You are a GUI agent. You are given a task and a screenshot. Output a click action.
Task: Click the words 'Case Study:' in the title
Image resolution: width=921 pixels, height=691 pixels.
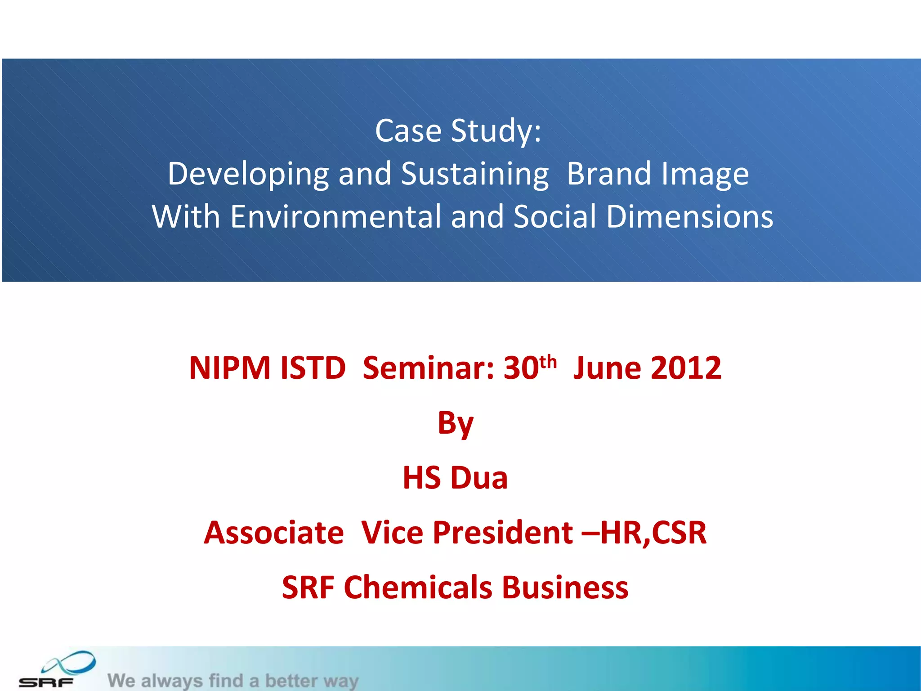tap(458, 131)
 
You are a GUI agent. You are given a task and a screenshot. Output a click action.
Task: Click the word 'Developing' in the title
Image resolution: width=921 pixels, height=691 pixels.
tap(248, 174)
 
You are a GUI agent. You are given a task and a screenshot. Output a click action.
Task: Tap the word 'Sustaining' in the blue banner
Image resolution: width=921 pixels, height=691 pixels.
tap(474, 174)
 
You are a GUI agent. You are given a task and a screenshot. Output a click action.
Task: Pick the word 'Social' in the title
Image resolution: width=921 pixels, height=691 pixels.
tap(554, 216)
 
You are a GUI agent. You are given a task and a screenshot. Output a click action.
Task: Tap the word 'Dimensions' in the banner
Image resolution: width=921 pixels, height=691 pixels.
tap(689, 216)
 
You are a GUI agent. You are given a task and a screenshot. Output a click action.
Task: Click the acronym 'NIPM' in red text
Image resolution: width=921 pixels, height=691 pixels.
tap(229, 368)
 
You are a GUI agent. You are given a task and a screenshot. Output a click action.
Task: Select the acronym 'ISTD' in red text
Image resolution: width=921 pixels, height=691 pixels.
tap(313, 368)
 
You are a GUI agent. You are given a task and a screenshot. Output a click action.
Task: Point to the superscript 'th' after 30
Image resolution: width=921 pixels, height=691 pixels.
tap(548, 361)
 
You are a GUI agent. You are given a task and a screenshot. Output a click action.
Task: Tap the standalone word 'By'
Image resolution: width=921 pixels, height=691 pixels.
tap(455, 424)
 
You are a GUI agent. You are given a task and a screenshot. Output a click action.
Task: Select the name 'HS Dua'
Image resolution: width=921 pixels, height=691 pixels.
tap(455, 478)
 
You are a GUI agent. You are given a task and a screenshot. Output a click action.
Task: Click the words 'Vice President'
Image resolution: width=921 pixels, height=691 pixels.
tap(467, 533)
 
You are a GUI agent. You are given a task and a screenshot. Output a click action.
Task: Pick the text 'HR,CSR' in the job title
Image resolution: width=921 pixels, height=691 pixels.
tap(653, 533)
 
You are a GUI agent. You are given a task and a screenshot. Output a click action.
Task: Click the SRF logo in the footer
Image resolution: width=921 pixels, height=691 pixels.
tap(56, 670)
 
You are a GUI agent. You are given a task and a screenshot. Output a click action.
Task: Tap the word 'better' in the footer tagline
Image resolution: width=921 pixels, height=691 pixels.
tap(291, 681)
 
